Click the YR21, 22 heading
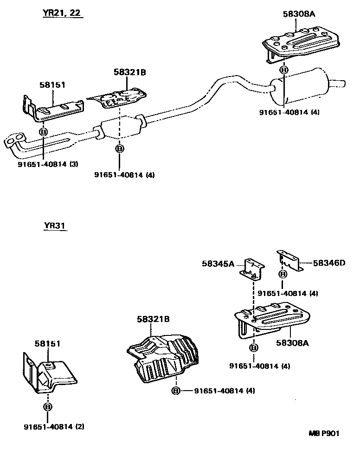pyautogui.click(x=62, y=13)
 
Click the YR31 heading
pyautogui.click(x=55, y=225)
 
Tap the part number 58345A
pyautogui.click(x=218, y=264)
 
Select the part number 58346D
pyautogui.click(x=329, y=263)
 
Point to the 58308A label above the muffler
pyautogui.click(x=299, y=14)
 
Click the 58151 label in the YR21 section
pyautogui.click(x=52, y=84)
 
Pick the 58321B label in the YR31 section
pyautogui.click(x=153, y=319)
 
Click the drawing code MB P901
pyautogui.click(x=324, y=433)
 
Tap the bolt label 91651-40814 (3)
pyautogui.click(x=48, y=164)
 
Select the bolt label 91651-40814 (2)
pyautogui.click(x=54, y=427)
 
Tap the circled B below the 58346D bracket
pyautogui.click(x=283, y=274)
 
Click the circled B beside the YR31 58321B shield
pyautogui.click(x=176, y=391)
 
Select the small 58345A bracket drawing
pyautogui.click(x=252, y=270)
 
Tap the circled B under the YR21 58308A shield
pyautogui.click(x=283, y=70)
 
